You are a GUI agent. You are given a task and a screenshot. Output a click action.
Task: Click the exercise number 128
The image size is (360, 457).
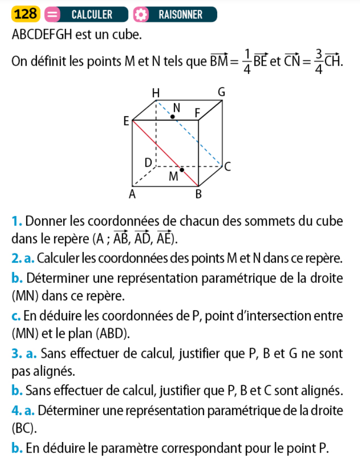pos(26,15)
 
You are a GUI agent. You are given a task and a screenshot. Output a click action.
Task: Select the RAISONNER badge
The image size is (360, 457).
pos(180,15)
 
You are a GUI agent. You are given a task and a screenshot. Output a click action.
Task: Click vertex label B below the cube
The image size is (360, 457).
pos(198,195)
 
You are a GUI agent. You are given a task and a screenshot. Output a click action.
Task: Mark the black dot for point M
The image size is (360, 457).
pos(182,169)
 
